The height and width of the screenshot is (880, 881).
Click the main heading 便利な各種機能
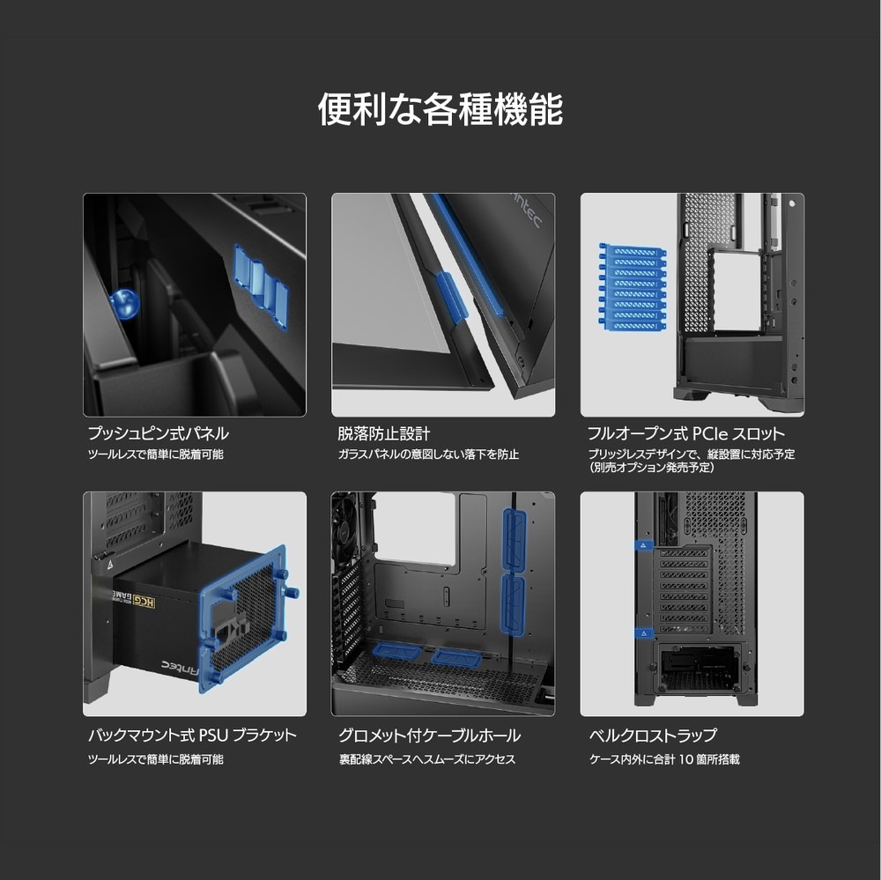(440, 109)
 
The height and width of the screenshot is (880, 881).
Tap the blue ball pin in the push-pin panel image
(125, 304)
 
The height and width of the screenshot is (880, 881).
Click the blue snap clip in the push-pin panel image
(261, 285)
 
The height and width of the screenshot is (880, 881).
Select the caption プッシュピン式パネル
(158, 433)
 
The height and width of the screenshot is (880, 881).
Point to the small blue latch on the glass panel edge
(451, 296)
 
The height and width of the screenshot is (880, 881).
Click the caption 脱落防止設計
(383, 433)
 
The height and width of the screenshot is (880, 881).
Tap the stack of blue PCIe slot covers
(632, 287)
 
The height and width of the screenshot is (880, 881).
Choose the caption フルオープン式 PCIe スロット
(686, 433)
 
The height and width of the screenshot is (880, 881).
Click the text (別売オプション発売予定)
(652, 468)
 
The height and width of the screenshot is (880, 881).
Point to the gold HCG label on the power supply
(145, 603)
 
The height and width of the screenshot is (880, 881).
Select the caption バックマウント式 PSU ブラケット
(192, 735)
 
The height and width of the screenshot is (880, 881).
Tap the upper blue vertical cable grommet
(514, 538)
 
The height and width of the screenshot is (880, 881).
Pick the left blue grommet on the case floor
(396, 652)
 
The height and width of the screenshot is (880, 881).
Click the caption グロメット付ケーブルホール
(429, 735)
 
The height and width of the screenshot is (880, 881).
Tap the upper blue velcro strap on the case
(643, 545)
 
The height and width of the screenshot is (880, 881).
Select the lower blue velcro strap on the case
(643, 633)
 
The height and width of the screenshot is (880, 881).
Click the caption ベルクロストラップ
(653, 735)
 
